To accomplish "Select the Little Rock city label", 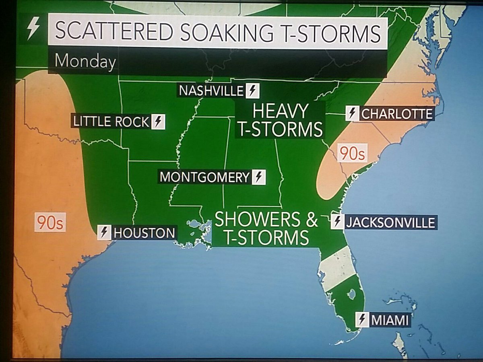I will [x=111, y=121].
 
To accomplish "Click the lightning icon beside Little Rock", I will [x=159, y=121].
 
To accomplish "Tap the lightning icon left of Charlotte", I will [x=353, y=114].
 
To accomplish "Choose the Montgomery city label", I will [x=204, y=177].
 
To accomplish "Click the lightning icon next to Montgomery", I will [x=258, y=177].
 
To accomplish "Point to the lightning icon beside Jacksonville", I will [x=337, y=222].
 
